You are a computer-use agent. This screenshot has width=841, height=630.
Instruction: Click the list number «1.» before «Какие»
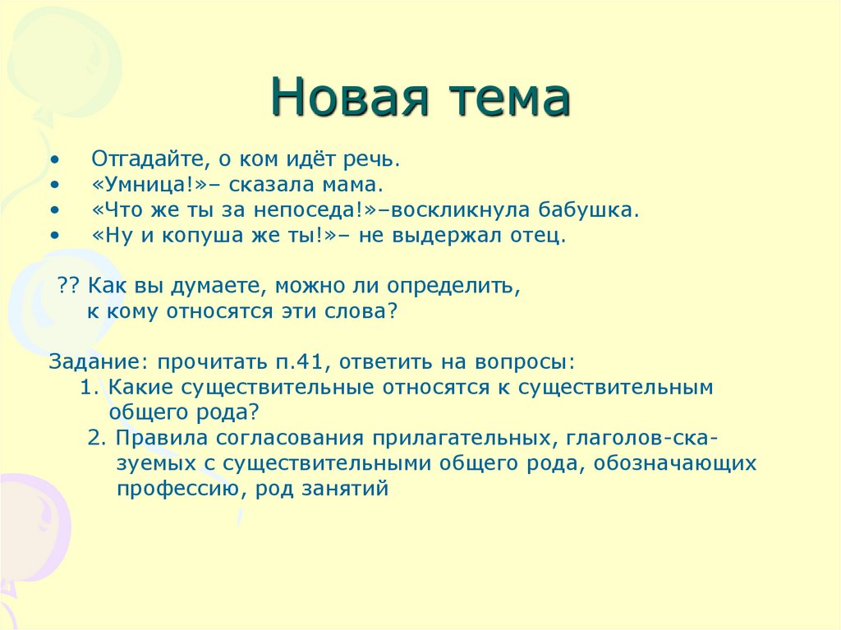click(90, 387)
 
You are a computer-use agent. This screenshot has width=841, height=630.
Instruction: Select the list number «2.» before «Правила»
click(97, 438)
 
